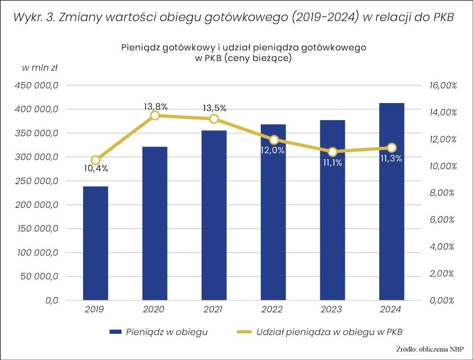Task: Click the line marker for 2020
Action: point(154,116)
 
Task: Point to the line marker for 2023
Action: point(332,152)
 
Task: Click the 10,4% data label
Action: point(96,169)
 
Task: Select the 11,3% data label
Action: point(391,159)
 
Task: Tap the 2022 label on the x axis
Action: point(273,309)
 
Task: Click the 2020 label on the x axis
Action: point(154,309)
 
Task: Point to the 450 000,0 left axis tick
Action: point(39,85)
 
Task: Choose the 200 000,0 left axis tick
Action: point(39,204)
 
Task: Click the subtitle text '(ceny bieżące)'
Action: point(259,58)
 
